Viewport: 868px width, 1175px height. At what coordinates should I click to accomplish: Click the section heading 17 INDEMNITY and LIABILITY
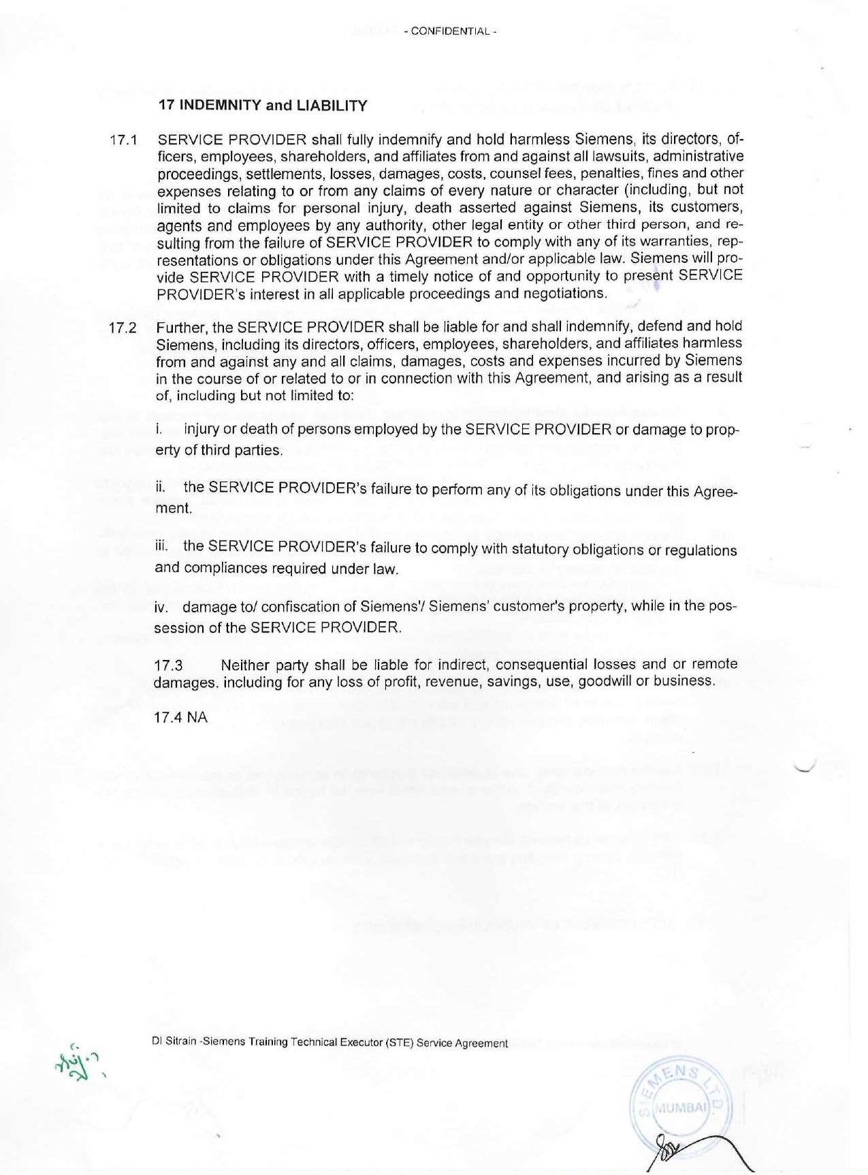[263, 106]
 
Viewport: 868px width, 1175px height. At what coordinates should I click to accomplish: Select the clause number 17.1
[123, 141]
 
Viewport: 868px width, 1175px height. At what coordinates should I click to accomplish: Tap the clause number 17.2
[123, 328]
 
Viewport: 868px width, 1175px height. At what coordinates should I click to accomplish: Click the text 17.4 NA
[180, 719]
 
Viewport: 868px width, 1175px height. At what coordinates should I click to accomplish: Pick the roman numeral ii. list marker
[161, 488]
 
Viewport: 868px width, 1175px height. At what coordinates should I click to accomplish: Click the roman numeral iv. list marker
[163, 606]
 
